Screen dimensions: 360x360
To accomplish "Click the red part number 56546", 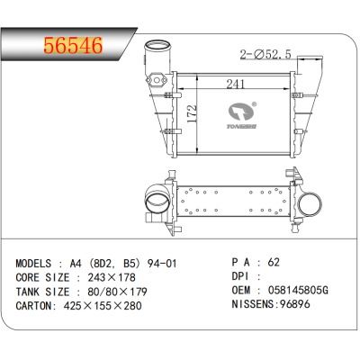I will (x=74, y=46).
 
